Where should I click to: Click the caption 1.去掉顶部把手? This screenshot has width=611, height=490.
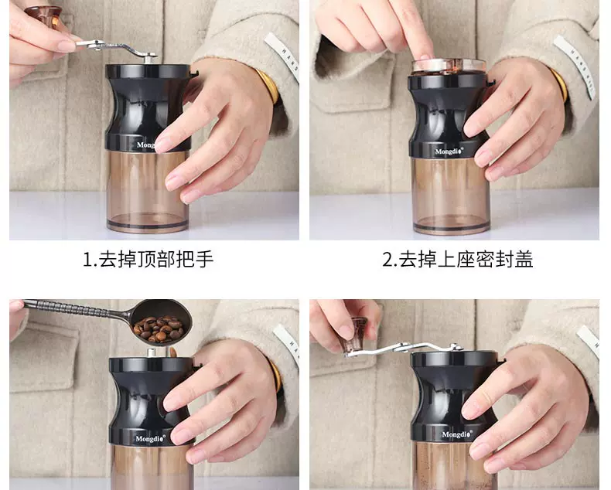148,260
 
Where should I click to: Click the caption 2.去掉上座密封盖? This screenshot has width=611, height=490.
457,260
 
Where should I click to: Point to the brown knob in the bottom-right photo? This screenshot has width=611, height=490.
353,334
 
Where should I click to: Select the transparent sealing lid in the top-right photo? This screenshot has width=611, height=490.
449,66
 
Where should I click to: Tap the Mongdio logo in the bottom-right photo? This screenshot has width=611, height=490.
457,434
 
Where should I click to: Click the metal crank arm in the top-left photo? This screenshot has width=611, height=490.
116,48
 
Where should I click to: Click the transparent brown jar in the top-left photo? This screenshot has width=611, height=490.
147,191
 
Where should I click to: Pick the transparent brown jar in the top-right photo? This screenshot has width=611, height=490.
451,196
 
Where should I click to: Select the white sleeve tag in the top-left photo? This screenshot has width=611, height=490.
283,56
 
